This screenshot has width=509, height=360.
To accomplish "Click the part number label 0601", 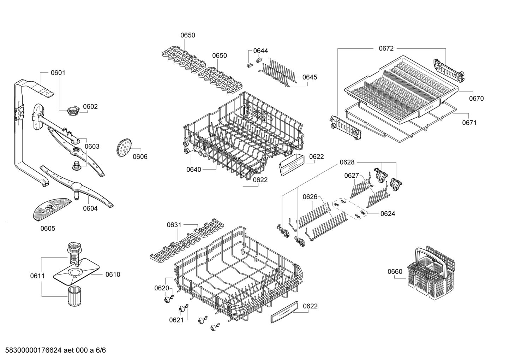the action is [x=58, y=73].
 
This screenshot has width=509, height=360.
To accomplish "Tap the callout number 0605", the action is [x=48, y=228].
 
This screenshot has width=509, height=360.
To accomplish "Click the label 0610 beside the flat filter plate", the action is [x=113, y=275].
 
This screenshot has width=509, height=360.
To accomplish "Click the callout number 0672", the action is [x=386, y=48].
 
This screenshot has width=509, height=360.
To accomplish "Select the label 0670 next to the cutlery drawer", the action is [x=476, y=99].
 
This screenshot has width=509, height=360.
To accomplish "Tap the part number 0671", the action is [x=469, y=123].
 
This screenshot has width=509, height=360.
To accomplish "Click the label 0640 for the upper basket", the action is [x=193, y=170].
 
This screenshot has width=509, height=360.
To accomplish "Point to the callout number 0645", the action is [x=310, y=77].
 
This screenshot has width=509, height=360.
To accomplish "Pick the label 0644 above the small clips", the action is [x=261, y=51].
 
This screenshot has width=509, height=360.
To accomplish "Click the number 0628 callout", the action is [x=347, y=162].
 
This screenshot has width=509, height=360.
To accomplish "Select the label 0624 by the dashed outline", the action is [x=388, y=213].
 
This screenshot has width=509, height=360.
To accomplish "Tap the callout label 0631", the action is [x=174, y=225].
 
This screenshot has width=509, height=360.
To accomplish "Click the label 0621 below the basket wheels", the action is [x=176, y=320].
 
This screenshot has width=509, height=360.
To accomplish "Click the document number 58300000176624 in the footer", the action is [x=33, y=350].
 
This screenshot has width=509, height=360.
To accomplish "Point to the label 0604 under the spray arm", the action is [x=90, y=208].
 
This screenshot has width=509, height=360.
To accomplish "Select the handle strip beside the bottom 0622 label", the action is [x=285, y=312].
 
